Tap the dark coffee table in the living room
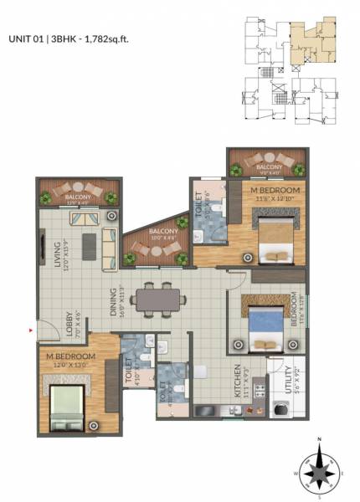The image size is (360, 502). click(x=86, y=243)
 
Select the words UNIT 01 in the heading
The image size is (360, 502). click(x=27, y=38)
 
